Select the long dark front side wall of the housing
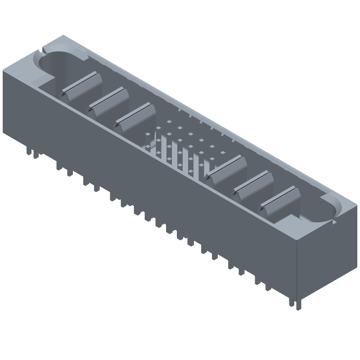(148, 180)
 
